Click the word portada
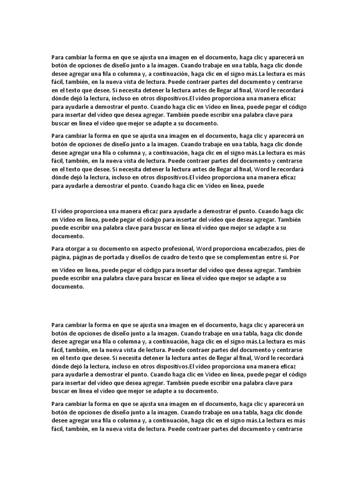click(114, 257)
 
